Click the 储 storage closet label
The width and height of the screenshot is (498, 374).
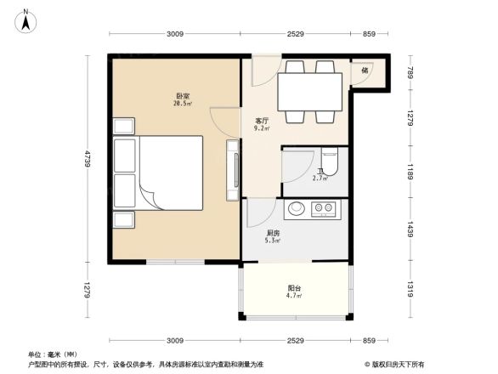click(x=364, y=71)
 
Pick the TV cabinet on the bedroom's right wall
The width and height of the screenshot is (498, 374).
click(x=232, y=170)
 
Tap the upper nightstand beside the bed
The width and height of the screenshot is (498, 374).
click(x=122, y=126)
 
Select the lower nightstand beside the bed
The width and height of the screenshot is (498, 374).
click(x=122, y=219)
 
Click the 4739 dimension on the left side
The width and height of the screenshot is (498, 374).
click(x=88, y=159)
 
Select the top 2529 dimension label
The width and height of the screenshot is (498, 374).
click(x=295, y=34)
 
